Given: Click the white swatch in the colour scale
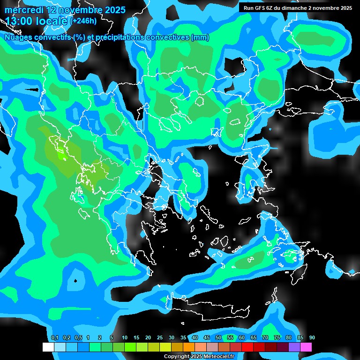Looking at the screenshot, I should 48,347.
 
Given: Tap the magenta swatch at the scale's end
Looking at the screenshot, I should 306,347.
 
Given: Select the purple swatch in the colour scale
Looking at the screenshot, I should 294,347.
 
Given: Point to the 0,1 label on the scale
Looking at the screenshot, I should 55,338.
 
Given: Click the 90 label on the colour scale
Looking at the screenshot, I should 312,338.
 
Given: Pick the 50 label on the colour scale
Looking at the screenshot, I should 218,338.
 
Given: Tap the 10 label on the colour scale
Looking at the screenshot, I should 125,338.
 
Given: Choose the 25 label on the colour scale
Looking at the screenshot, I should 160,338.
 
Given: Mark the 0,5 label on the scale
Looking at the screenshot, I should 78,338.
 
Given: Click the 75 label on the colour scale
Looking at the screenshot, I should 277,338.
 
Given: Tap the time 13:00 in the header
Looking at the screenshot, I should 19,21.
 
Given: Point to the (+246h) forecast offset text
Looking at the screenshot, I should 83,21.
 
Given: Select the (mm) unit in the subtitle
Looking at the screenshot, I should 200,37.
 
